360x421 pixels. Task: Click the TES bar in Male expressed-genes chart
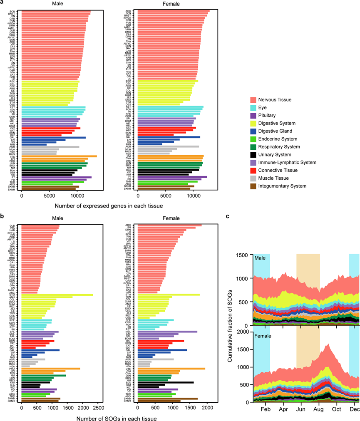(58, 156)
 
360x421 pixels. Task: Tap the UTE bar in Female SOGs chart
(171, 369)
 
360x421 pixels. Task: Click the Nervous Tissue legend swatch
(253, 100)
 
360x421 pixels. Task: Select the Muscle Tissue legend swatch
(253, 178)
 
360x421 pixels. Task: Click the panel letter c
(227, 216)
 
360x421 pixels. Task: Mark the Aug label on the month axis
(319, 410)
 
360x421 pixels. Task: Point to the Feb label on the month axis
(266, 410)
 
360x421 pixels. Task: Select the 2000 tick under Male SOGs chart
(82, 409)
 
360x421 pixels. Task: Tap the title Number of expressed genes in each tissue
(109, 205)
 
